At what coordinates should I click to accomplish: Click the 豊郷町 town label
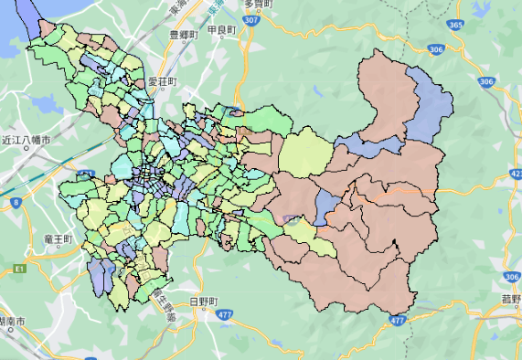click(185, 34)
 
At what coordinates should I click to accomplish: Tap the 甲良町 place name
click(222, 30)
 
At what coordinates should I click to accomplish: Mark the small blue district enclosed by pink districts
click(323, 207)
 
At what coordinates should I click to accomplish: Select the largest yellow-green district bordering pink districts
click(305, 153)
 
